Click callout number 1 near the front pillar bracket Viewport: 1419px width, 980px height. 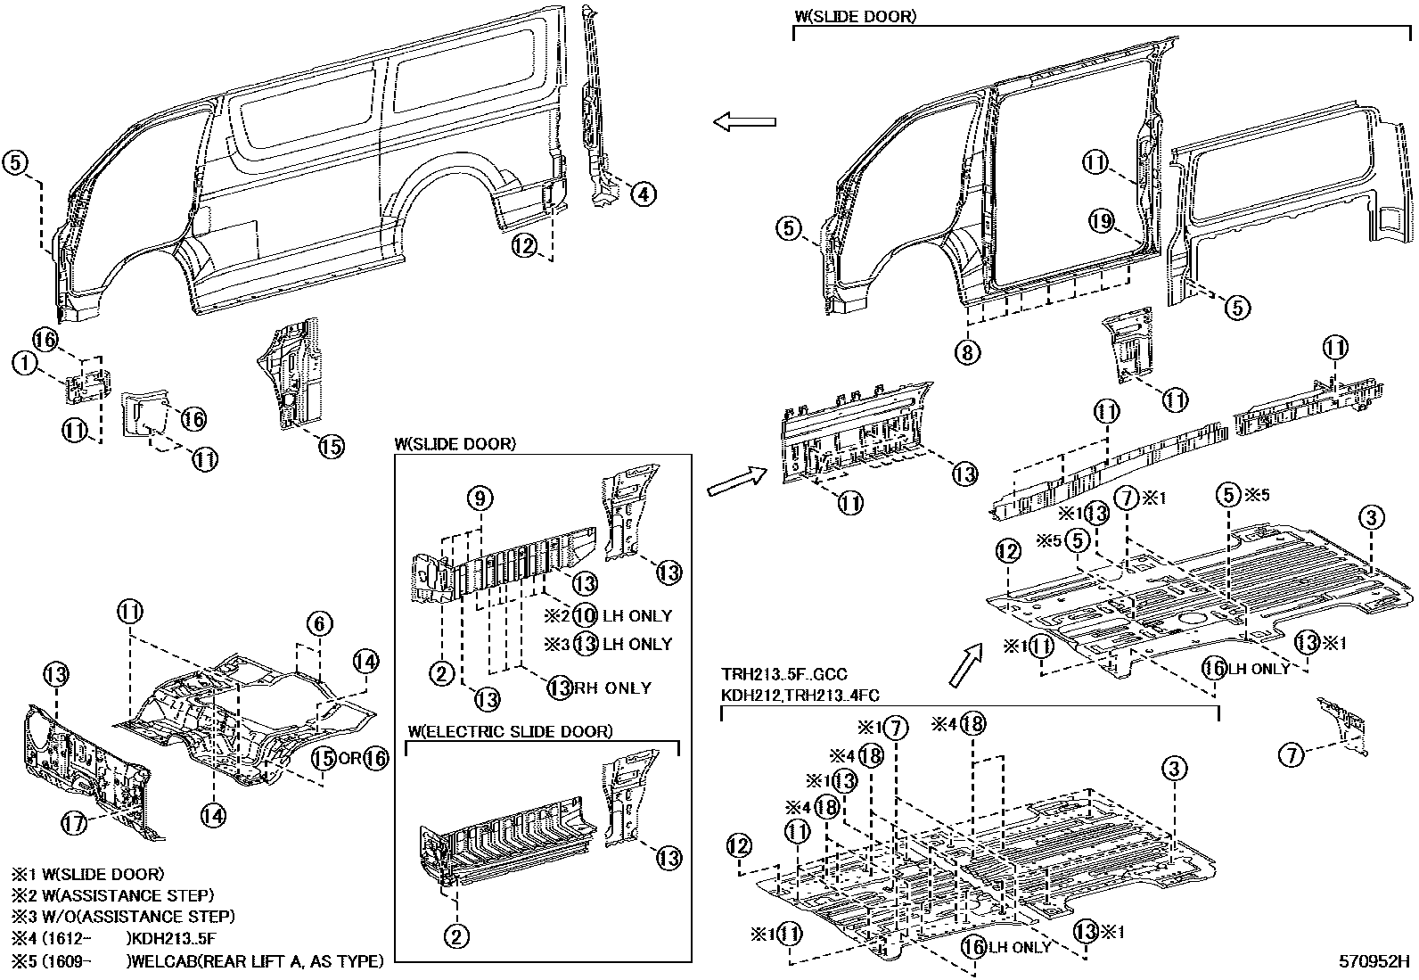pyautogui.click(x=25, y=362)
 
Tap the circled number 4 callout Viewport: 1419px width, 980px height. pyautogui.click(x=644, y=194)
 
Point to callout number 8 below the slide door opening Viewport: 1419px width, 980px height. pyautogui.click(x=967, y=352)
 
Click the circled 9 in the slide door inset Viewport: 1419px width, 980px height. pyautogui.click(x=480, y=498)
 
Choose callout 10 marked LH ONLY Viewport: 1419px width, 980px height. pyautogui.click(x=584, y=615)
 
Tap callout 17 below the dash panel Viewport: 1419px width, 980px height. pyautogui.click(x=75, y=823)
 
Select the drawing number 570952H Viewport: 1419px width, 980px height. pyautogui.click(x=1374, y=962)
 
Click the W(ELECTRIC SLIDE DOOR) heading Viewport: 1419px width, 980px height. pyautogui.click(x=510, y=731)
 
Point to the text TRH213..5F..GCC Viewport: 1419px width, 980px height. pyautogui.click(x=784, y=675)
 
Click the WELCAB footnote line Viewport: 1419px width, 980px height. pyautogui.click(x=196, y=961)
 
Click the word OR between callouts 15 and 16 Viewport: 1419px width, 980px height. pyautogui.click(x=349, y=759)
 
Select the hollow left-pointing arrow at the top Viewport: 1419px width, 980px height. pyautogui.click(x=744, y=122)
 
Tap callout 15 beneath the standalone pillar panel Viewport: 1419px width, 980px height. pyautogui.click(x=330, y=446)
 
